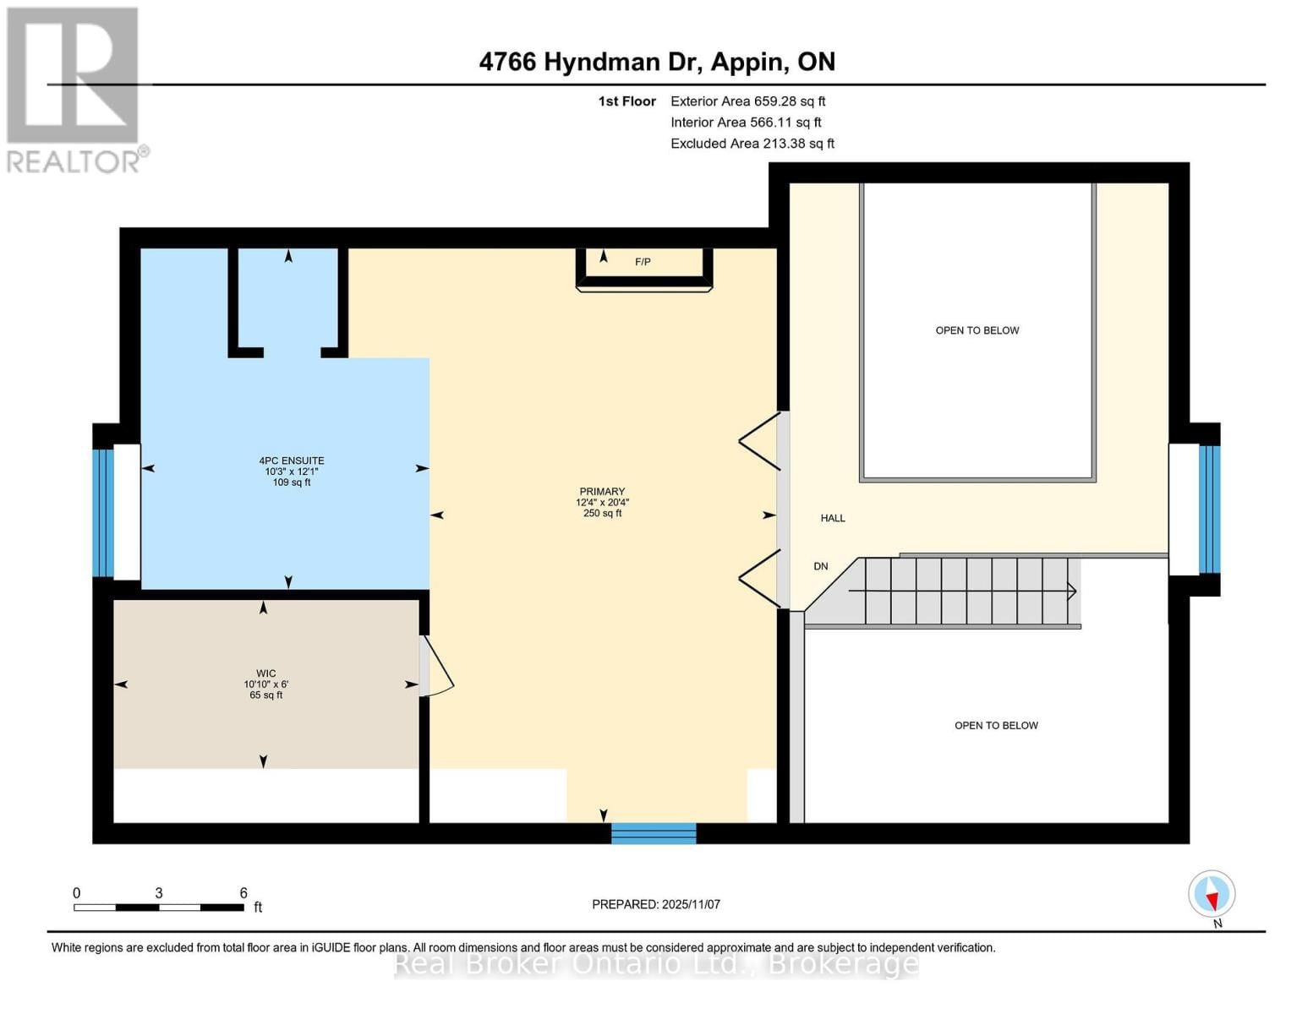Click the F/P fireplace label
[x=643, y=262]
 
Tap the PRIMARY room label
[x=602, y=492]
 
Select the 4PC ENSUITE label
[x=292, y=461]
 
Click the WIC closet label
[x=265, y=673]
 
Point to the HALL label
[x=833, y=518]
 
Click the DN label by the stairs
[x=820, y=566]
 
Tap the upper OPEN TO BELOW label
[x=977, y=330]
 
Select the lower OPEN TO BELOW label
[x=996, y=725]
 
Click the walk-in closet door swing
[x=440, y=668]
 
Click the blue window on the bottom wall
[x=654, y=833]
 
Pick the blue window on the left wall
[x=102, y=513]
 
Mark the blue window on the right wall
[x=1210, y=509]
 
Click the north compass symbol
[x=1212, y=894]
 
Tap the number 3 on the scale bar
[x=159, y=893]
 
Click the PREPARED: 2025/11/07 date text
[x=656, y=904]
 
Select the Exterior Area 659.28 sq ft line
[x=747, y=101]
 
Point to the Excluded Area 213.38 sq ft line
[x=752, y=144]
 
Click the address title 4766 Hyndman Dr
[x=657, y=62]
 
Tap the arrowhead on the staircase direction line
[x=1072, y=591]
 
